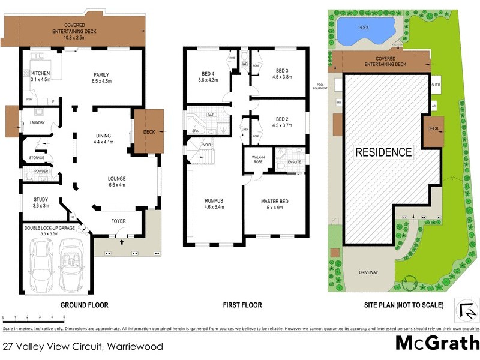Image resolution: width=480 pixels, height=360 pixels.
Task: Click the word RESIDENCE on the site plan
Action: (x=384, y=152)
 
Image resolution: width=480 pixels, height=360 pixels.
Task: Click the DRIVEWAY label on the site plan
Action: (x=368, y=272)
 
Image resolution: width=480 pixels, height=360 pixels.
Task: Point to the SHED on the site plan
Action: (x=436, y=85)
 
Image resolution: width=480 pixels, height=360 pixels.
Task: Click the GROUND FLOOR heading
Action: (x=84, y=305)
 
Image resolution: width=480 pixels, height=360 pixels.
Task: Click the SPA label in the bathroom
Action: (x=195, y=130)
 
